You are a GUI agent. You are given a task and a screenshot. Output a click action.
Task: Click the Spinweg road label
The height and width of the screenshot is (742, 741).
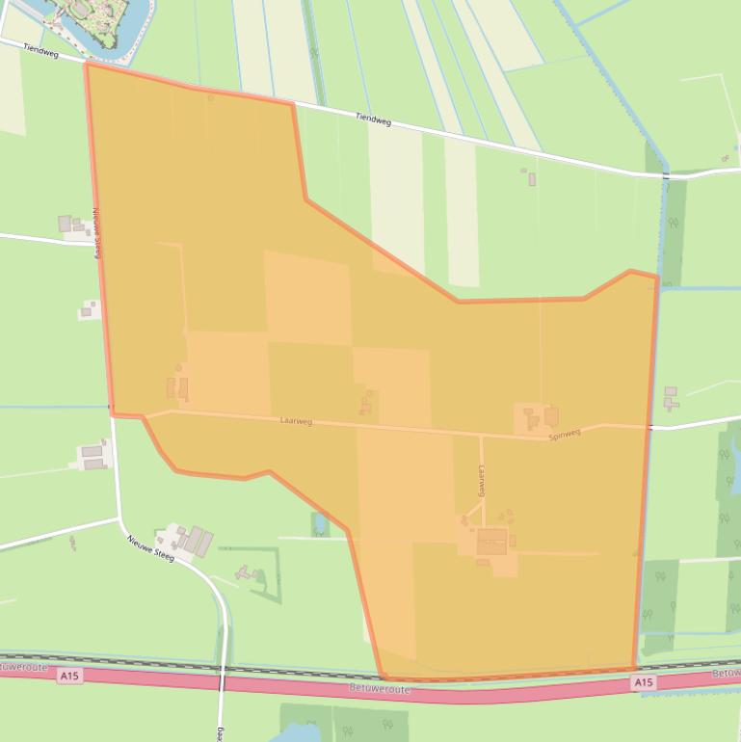(565, 434)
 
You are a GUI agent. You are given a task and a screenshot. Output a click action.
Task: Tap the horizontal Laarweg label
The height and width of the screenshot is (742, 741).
(296, 421)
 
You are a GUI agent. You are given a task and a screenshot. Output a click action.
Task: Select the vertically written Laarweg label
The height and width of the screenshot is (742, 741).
(481, 479)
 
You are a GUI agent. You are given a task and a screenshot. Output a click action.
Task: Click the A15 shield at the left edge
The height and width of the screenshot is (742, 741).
(68, 676)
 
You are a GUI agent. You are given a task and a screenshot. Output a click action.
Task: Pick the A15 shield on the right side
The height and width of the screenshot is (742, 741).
(643, 682)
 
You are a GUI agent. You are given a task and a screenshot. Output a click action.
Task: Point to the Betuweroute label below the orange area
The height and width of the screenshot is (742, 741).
(380, 690)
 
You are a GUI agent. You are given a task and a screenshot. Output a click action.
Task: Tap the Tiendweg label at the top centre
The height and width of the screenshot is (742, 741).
(373, 119)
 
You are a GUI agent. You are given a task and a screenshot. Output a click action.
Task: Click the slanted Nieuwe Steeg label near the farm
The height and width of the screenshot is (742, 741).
(149, 547)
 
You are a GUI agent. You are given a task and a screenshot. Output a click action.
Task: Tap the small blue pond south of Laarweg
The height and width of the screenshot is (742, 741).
(320, 524)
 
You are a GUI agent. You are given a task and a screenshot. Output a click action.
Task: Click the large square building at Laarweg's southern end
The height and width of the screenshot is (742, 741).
(491, 542)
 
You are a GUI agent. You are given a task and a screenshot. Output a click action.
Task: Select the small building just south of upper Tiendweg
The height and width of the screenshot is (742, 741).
(531, 177)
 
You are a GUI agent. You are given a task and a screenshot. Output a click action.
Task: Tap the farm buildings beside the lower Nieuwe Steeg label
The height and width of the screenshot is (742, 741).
(193, 540)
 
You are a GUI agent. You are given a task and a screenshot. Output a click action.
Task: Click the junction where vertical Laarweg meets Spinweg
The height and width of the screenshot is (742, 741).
(481, 436)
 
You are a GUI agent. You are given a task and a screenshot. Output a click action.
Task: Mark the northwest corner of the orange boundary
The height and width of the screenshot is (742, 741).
(87, 65)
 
